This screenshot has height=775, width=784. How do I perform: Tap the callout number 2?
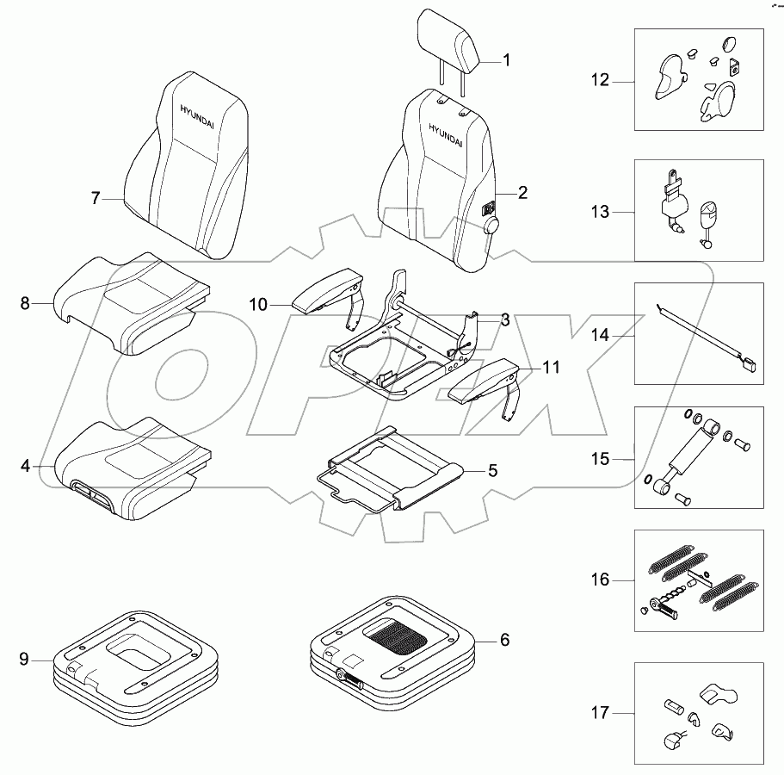point(522,194)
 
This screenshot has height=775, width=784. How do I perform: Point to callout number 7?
point(96,198)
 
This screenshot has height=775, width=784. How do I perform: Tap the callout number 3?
point(506,320)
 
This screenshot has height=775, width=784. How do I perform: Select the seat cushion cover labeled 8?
point(129,301)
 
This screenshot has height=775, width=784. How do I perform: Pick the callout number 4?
point(26,466)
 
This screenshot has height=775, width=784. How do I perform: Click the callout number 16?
point(600,580)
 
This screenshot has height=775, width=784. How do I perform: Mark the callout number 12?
point(600,81)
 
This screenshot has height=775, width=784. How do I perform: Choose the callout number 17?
point(600,712)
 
